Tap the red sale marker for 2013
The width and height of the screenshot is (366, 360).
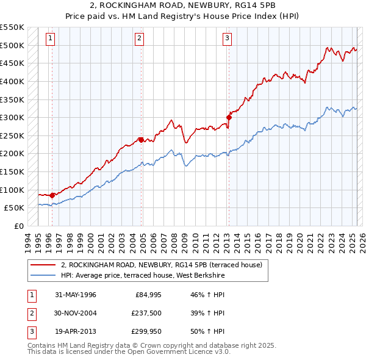click(x=229, y=117)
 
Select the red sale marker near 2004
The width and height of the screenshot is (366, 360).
click(x=141, y=140)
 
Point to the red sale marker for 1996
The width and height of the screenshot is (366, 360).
click(x=52, y=195)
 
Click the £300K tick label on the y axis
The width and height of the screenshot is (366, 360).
click(x=12, y=117)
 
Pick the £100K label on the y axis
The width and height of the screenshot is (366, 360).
click(x=12, y=190)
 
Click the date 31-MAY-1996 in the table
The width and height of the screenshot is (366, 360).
click(x=76, y=295)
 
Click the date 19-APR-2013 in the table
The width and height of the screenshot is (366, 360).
click(x=76, y=331)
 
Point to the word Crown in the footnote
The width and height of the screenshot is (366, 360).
click(x=149, y=345)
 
